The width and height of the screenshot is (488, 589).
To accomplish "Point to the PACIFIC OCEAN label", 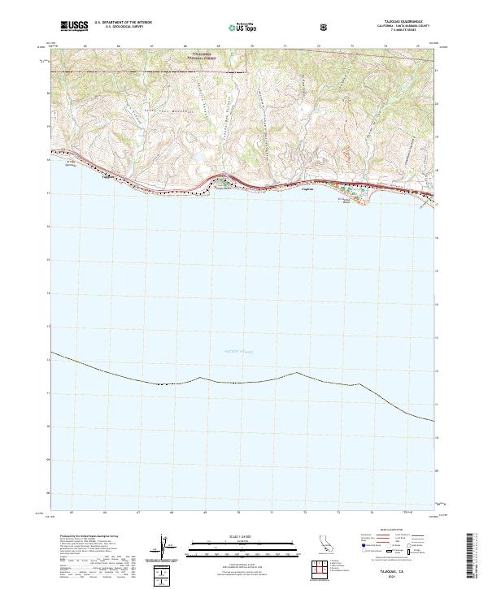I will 239,352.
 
